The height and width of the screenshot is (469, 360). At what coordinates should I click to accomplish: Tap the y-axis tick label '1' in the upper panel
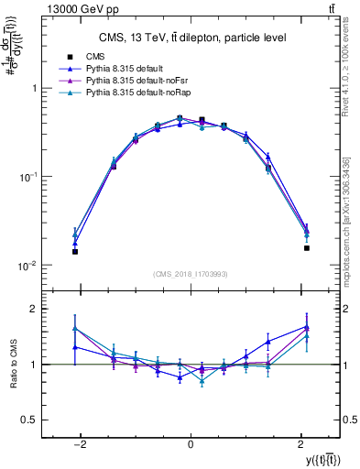pos(34,89)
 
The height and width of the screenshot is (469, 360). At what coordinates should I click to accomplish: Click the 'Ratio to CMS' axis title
pos(12,364)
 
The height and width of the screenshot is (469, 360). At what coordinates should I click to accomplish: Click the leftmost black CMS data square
pos(75,251)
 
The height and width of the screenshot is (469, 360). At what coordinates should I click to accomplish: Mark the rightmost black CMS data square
pos(307,247)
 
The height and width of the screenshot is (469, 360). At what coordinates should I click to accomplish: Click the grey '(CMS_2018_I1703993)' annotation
pos(191,274)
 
